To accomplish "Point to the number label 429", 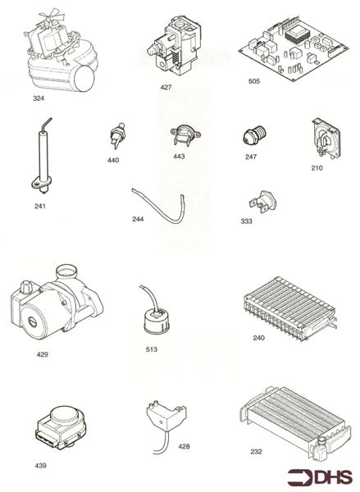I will (x=42, y=354).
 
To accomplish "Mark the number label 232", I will (x=257, y=452).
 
